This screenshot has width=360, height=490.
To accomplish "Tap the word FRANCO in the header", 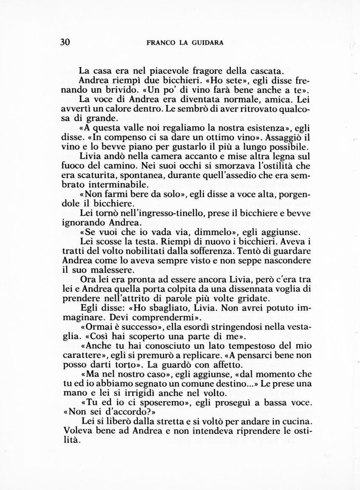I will [160, 42].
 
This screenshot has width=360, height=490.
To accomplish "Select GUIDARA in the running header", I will [208, 42].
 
